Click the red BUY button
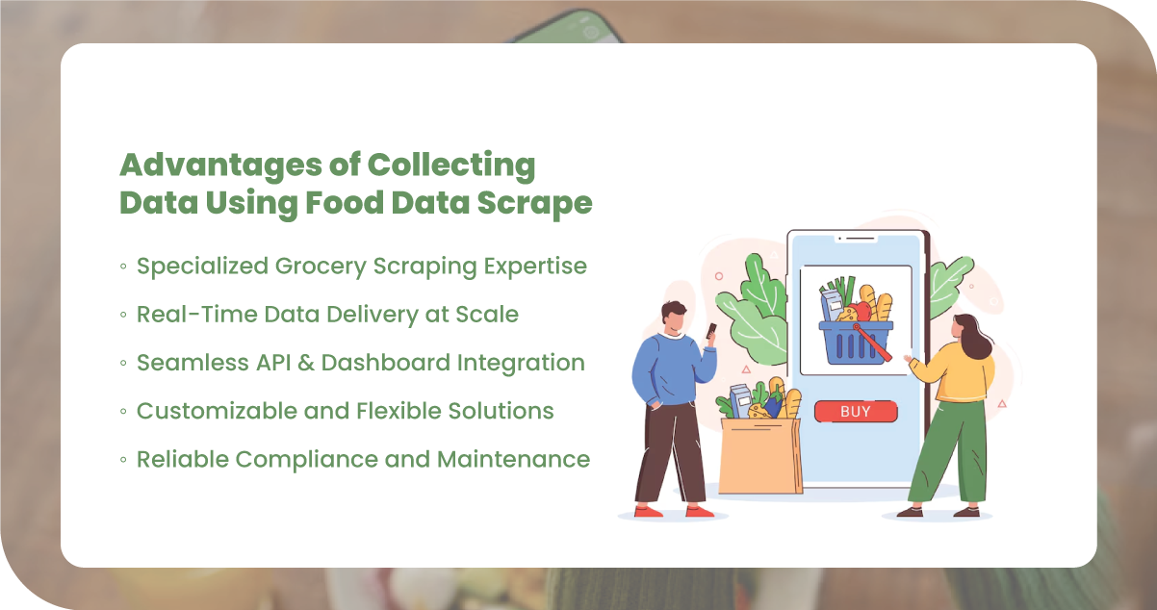coord(856,411)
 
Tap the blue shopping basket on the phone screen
coord(856,343)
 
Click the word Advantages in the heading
coord(221,166)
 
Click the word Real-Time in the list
coord(196,314)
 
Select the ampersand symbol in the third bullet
coord(306,363)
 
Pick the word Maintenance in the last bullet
coord(513,459)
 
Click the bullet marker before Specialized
coord(123,267)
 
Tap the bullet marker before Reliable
coord(123,460)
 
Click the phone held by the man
coord(711,330)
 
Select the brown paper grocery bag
coord(760,455)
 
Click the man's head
coord(675,318)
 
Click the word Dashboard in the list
coord(386,363)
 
